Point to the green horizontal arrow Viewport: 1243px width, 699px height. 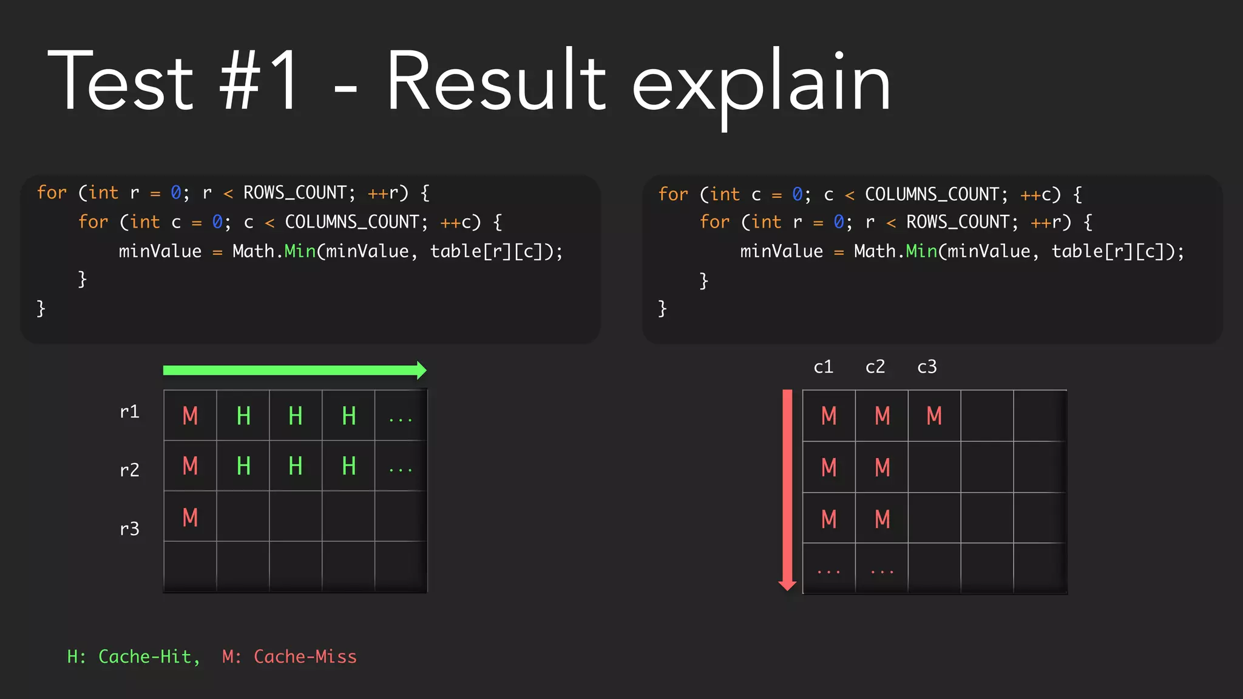tap(294, 370)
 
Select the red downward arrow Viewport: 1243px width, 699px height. tap(787, 489)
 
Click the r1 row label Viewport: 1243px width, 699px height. tap(129, 412)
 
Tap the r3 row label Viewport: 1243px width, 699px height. tap(129, 528)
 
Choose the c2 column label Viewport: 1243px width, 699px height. tap(875, 366)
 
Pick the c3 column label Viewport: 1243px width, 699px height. tap(927, 366)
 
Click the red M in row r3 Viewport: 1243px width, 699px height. tap(190, 518)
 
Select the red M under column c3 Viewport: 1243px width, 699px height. tap(934, 416)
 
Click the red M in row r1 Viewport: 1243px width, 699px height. tap(190, 416)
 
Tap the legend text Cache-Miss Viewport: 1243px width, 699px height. tap(305, 657)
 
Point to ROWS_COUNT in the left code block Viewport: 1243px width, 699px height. tap(295, 193)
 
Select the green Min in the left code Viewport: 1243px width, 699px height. tap(300, 251)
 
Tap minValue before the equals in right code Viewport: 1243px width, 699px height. tap(781, 251)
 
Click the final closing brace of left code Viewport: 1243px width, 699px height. tap(41, 308)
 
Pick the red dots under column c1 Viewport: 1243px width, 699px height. tap(828, 572)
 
